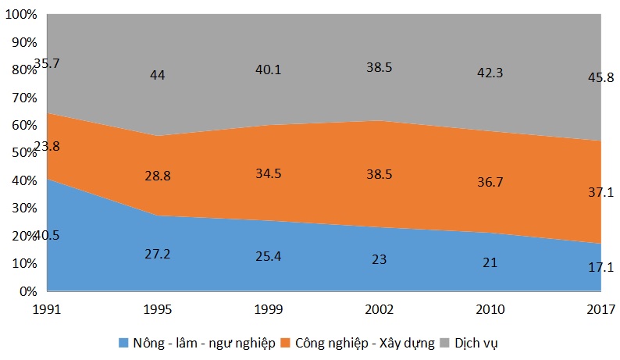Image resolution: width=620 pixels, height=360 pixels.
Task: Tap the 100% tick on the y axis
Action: click(x=23, y=15)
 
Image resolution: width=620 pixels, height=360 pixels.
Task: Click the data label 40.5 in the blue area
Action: click(x=45, y=235)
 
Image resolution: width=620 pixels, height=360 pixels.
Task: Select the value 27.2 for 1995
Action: click(x=158, y=255)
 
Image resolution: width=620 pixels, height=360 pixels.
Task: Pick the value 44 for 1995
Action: click(x=158, y=76)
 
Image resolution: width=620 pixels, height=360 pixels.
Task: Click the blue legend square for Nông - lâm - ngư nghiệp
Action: click(x=123, y=343)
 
